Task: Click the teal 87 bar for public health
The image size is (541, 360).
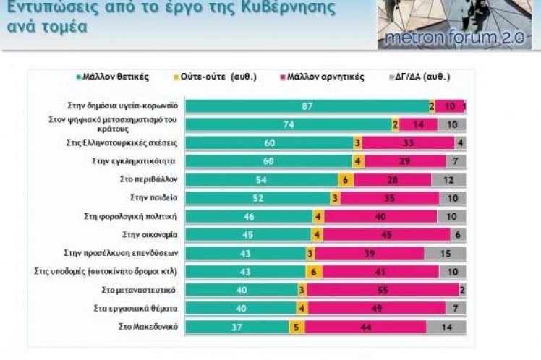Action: (x=307, y=106)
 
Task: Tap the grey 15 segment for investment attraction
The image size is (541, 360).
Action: (x=445, y=252)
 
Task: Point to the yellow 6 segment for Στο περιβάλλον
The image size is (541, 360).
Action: (x=346, y=179)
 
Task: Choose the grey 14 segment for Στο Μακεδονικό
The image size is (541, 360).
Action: (x=446, y=327)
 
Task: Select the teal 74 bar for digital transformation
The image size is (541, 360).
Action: (x=288, y=124)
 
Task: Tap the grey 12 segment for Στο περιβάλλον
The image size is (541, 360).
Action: (x=448, y=179)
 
